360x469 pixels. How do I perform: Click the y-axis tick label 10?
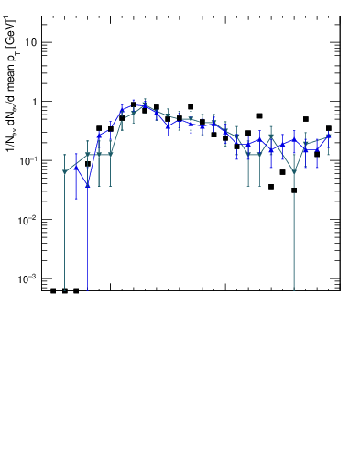coord(30,42)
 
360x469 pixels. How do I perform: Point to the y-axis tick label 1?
coord(33,102)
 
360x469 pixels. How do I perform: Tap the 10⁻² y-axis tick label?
coord(28,219)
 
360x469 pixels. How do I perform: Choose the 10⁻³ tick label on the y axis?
coord(28,278)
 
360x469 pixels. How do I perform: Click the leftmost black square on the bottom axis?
coord(53,290)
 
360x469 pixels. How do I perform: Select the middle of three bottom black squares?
coord(64,290)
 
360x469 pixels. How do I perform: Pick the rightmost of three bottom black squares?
coord(76,290)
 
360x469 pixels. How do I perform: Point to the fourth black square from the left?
coord(88,164)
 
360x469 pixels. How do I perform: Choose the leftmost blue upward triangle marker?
coord(76,168)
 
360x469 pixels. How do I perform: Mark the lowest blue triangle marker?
coord(88,185)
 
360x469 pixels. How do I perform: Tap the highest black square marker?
coord(134,104)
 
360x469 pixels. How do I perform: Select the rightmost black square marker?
coord(329,128)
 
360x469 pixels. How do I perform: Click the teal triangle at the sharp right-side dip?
coord(294,172)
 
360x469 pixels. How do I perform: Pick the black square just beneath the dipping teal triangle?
coord(294,191)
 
